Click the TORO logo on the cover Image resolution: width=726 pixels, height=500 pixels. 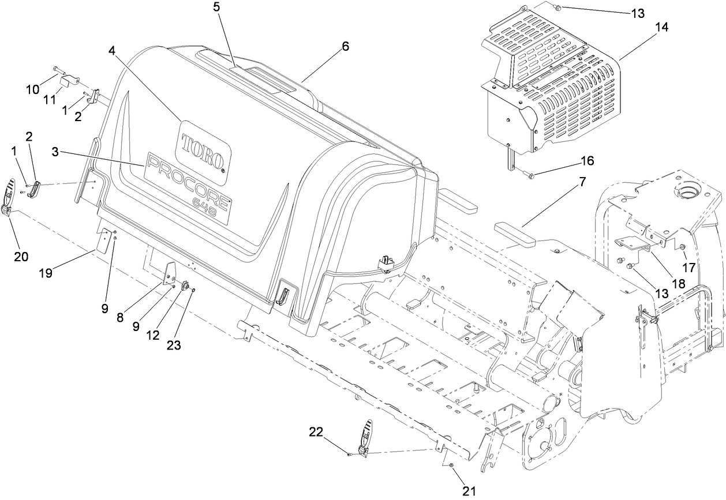203,143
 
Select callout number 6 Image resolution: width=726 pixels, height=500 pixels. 345,47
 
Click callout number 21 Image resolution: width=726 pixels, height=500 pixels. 469,491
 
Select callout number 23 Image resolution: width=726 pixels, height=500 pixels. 174,345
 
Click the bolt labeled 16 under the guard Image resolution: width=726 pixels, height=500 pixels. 529,174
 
